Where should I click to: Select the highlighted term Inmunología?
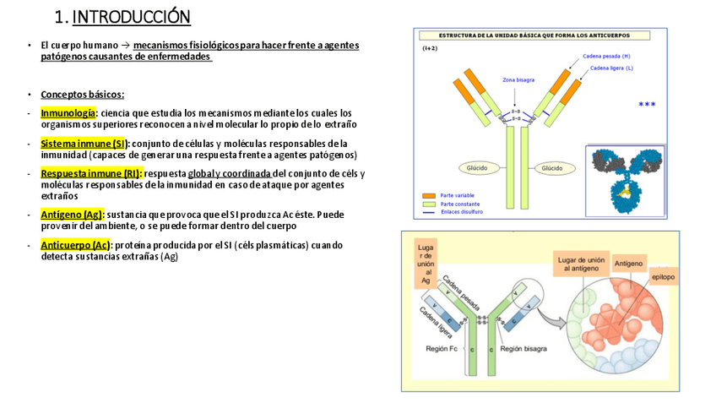pos(68,112)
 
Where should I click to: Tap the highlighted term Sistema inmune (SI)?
pos(84,144)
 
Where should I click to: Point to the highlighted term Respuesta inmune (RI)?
pos(91,174)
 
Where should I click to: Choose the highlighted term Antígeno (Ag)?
pos(72,215)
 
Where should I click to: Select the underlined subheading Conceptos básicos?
pos(82,95)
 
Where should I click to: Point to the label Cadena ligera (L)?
pos(611,68)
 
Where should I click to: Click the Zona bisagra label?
pos(518,80)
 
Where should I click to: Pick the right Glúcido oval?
pos(552,168)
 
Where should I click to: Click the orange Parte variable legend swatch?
pos(428,196)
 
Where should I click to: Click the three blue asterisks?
pos(647,105)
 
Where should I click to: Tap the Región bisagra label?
pos(523,348)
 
